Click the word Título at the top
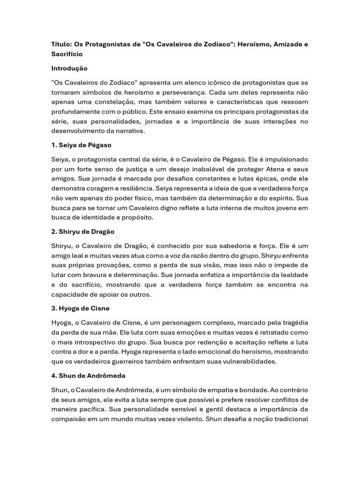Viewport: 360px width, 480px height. [x=61, y=45]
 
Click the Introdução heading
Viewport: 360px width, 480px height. [x=69, y=68]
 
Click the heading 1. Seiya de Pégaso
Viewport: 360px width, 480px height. [x=82, y=145]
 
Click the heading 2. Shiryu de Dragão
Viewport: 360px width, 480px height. [x=83, y=232]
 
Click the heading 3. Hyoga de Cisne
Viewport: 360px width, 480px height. [x=81, y=308]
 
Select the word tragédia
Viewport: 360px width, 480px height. [x=292, y=322]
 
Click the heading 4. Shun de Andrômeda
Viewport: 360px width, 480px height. [x=88, y=376]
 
